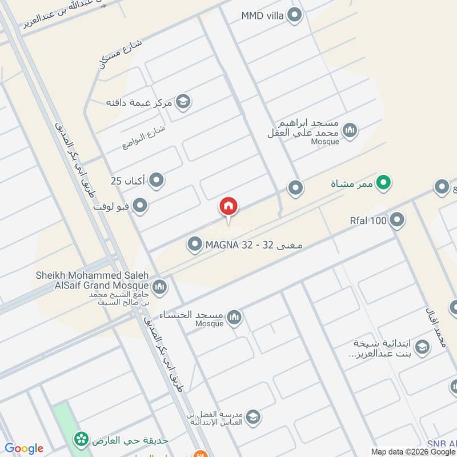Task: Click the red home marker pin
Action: tap(228, 207)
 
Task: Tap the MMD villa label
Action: tap(262, 15)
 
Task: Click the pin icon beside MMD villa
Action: tap(294, 15)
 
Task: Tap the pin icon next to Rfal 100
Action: tap(397, 220)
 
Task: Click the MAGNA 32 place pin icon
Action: tap(195, 245)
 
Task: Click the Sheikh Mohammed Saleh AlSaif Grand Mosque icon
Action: tap(160, 286)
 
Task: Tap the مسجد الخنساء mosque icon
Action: tap(234, 317)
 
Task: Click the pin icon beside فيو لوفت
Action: tap(140, 205)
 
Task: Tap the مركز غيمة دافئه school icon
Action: tap(183, 102)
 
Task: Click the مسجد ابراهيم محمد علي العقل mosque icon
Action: tap(350, 130)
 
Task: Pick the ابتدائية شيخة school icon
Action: tap(422, 347)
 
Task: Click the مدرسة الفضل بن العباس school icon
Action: tap(252, 417)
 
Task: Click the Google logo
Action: tap(24, 448)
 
